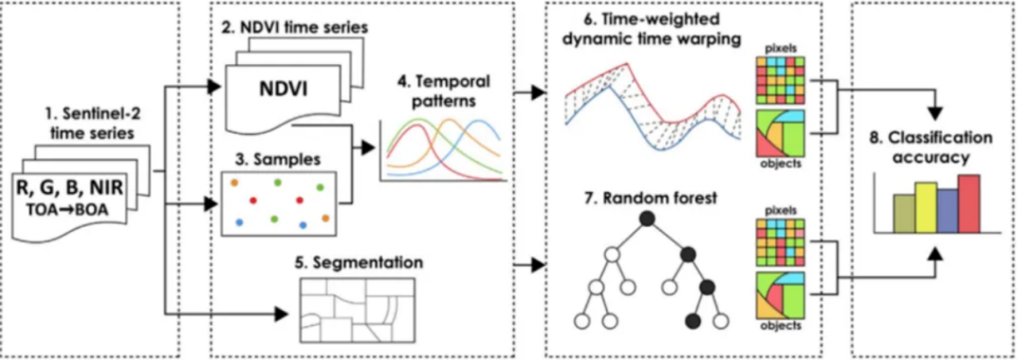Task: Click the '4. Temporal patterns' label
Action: tap(442, 93)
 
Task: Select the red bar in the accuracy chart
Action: tap(968, 205)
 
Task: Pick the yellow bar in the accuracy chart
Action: tap(926, 208)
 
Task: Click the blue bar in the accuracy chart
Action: tap(947, 211)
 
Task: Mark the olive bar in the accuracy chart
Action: tap(904, 214)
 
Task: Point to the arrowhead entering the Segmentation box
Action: tap(281, 315)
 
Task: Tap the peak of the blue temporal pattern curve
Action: tap(479, 121)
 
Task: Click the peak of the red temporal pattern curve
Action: tap(413, 126)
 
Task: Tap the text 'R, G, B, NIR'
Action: tap(70, 188)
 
